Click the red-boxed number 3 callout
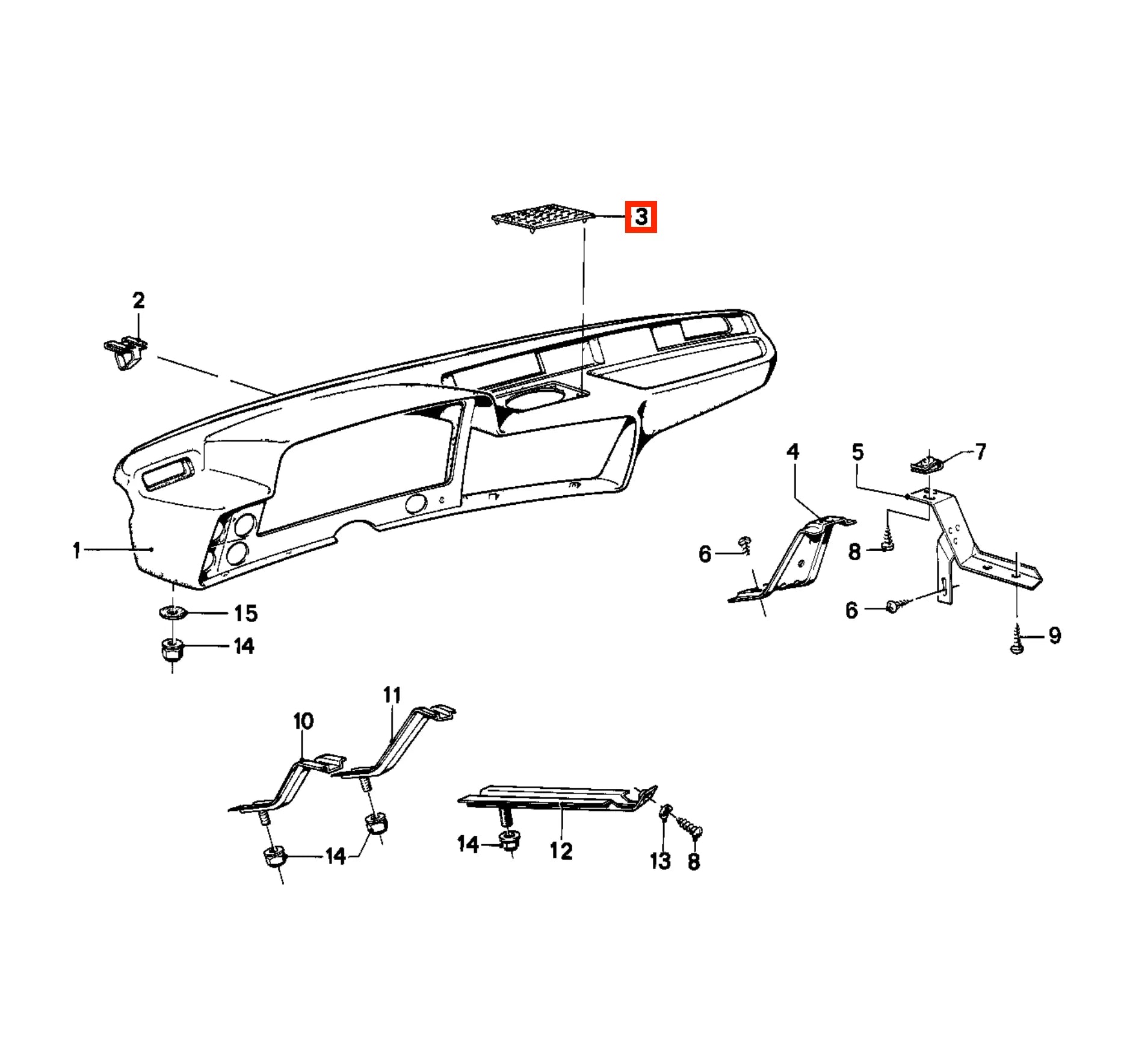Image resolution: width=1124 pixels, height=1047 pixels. point(641,217)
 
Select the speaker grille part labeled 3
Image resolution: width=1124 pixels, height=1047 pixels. point(543,217)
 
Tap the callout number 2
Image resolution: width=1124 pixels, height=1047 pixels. point(138,300)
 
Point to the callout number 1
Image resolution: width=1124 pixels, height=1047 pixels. point(76,550)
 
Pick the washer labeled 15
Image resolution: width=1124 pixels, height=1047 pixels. point(172,613)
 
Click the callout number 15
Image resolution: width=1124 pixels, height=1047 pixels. point(245,613)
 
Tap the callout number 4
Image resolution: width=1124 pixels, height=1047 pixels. point(792,451)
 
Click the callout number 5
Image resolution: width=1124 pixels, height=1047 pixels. point(857,451)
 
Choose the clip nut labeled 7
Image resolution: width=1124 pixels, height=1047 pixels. point(925,464)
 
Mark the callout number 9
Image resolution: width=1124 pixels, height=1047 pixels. point(1054,635)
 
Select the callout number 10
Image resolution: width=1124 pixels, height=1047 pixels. point(303,721)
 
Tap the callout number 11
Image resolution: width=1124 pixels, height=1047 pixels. point(392,695)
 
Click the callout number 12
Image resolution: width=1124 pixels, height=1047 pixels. point(561,851)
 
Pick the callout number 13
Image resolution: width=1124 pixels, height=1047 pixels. point(660,861)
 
